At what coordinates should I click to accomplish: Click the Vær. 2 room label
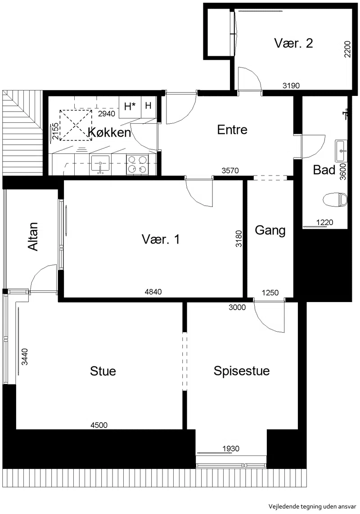293,43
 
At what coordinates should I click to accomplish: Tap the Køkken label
109,132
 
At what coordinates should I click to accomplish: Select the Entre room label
232,130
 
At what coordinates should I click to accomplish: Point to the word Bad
324,170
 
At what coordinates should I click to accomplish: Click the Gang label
270,230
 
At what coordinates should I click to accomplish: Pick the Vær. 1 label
161,239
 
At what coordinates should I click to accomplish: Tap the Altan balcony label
33,237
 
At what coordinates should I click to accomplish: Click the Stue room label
103,371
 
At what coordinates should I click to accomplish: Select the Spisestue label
242,371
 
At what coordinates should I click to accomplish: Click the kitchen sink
100,165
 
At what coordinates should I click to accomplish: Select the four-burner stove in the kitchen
137,165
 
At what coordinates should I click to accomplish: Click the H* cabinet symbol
130,106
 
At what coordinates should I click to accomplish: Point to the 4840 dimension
153,291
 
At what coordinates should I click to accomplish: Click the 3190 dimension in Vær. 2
291,86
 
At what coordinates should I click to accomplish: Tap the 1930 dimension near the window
231,448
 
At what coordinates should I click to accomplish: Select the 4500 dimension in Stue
99,425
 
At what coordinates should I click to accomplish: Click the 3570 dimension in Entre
230,171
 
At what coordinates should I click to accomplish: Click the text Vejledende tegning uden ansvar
312,506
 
